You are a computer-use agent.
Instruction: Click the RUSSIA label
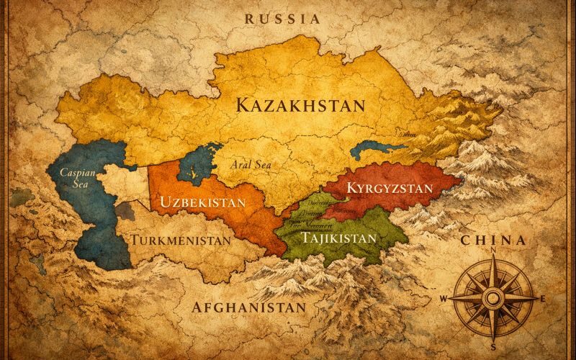pyautogui.click(x=282, y=19)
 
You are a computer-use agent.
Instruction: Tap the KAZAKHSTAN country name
pyautogui.click(x=300, y=105)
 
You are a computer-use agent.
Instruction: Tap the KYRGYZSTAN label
pyautogui.click(x=390, y=189)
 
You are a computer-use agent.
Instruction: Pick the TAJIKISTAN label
pyautogui.click(x=339, y=238)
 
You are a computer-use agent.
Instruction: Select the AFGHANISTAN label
pyautogui.click(x=249, y=307)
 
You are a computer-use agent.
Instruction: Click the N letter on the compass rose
pyautogui.click(x=493, y=251)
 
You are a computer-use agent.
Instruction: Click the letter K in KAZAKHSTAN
pyautogui.click(x=243, y=105)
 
